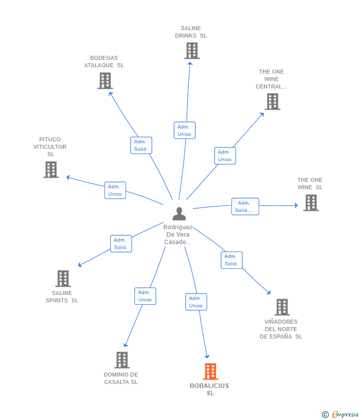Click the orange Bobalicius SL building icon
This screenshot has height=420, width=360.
(x=211, y=371)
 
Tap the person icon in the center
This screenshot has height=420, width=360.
(x=179, y=214)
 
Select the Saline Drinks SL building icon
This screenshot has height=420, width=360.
(x=192, y=51)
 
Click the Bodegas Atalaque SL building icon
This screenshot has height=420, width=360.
(x=105, y=81)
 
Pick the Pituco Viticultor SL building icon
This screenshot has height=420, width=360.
(x=51, y=169)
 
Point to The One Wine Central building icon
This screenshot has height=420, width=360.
(x=272, y=101)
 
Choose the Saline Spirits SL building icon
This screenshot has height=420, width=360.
(x=63, y=279)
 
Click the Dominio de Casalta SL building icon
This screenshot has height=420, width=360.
(x=122, y=360)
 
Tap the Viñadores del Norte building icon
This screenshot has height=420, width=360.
(x=282, y=307)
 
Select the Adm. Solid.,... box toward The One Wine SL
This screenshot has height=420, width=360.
(x=245, y=207)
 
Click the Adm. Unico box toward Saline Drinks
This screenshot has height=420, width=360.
(x=184, y=130)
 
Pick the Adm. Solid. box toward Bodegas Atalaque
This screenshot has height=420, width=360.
(x=141, y=145)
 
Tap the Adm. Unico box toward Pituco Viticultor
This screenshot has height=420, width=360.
(x=115, y=190)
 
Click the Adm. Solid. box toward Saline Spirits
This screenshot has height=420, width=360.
(x=121, y=244)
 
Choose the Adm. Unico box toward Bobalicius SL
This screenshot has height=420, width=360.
(x=196, y=302)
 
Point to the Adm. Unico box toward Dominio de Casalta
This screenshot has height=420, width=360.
(x=145, y=296)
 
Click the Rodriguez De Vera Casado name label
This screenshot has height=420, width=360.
(x=178, y=235)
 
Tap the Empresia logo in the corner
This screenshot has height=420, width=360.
(x=340, y=415)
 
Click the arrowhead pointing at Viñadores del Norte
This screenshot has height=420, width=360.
(x=269, y=293)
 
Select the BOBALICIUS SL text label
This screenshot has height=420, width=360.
(x=210, y=389)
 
